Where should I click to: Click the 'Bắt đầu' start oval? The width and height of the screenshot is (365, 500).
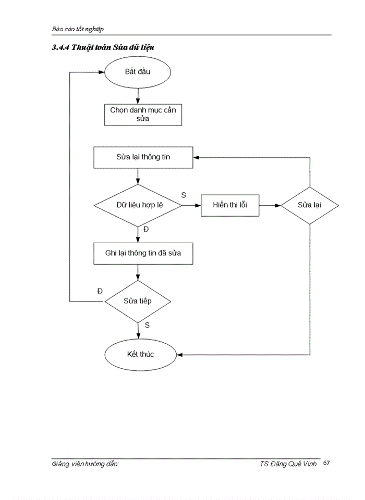138,72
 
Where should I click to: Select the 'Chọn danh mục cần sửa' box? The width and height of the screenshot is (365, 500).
143,115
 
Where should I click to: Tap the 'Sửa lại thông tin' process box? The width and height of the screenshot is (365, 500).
143,157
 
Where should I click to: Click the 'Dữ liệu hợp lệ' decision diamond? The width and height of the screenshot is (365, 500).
138,205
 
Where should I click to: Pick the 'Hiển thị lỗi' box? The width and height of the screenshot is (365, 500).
229,205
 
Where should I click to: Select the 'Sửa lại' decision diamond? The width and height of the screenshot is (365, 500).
310,205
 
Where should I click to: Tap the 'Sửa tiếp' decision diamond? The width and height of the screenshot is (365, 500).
138,302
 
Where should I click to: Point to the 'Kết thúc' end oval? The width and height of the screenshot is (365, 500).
138,355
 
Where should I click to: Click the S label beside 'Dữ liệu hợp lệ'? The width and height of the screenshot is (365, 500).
184,195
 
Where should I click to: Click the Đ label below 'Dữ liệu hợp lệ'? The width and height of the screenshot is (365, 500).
147,229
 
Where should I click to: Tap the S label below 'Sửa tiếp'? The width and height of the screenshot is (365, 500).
147,325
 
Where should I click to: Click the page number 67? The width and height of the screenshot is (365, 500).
326,463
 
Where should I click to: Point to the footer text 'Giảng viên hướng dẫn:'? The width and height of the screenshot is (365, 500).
86,464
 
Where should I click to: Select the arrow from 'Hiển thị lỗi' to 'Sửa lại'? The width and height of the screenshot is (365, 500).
270,205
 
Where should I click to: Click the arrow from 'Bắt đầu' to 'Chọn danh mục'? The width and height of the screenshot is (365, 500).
138,95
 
